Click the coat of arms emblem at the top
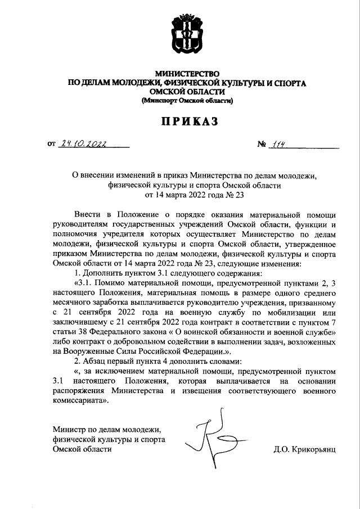(x=186, y=37)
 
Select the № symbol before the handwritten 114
(x=262, y=145)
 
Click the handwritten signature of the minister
(x=210, y=436)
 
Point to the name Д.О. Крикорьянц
(x=303, y=450)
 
